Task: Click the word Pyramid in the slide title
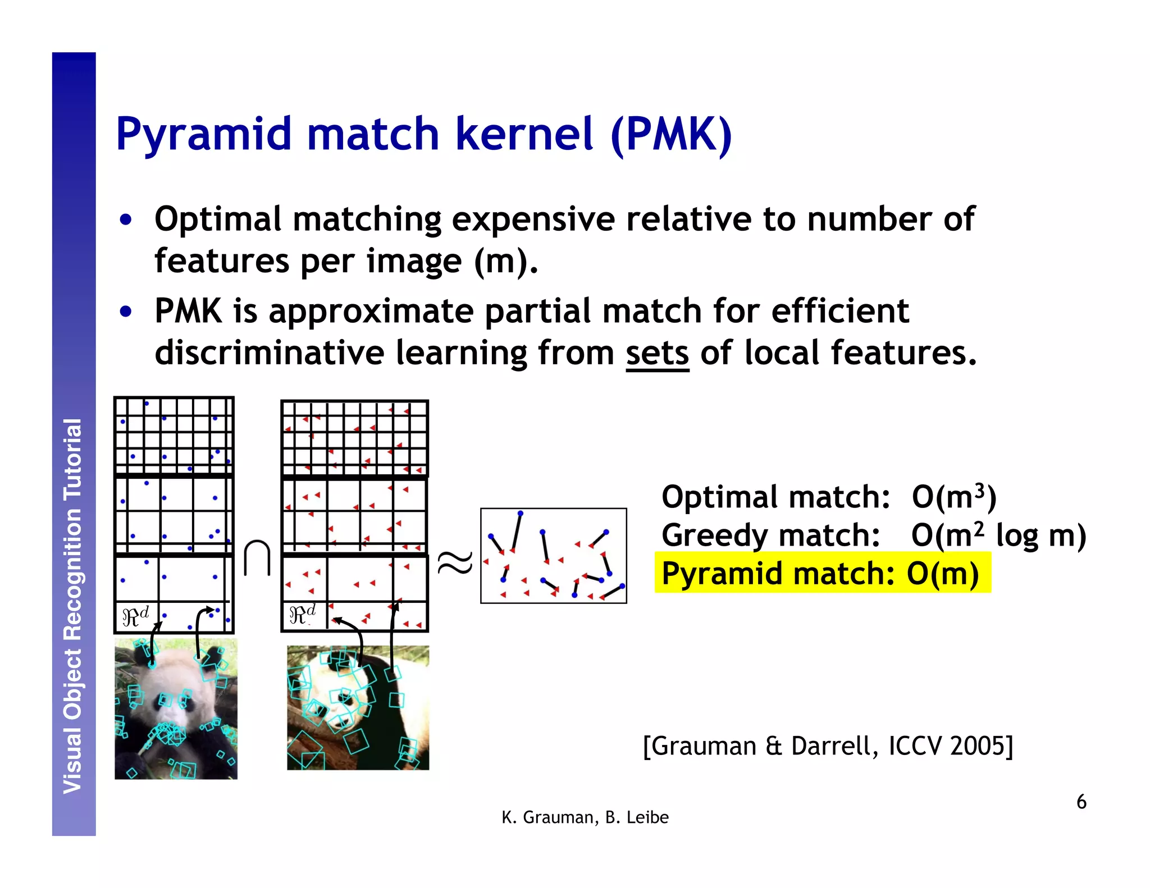click(x=203, y=135)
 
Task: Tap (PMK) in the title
click(x=671, y=135)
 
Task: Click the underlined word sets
click(x=657, y=354)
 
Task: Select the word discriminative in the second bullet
click(x=268, y=354)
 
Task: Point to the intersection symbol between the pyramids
click(x=258, y=559)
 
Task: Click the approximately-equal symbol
click(x=455, y=563)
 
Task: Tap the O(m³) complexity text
click(x=953, y=497)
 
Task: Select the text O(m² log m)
click(x=998, y=535)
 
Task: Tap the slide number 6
click(x=1081, y=802)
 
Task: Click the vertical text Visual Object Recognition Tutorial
click(x=73, y=606)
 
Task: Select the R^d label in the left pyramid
click(x=135, y=616)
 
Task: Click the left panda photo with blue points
click(x=176, y=708)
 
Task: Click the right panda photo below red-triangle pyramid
click(x=358, y=707)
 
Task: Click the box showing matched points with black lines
click(x=553, y=556)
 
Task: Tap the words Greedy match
click(x=770, y=535)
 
